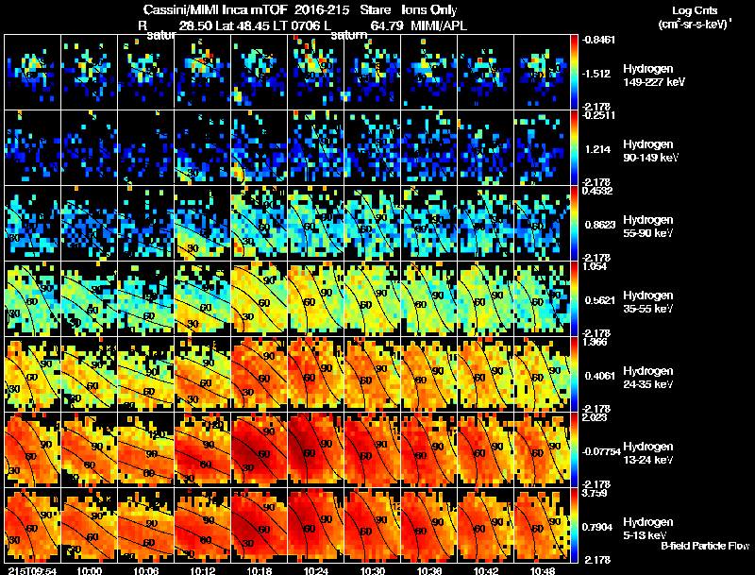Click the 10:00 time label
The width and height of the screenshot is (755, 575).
click(x=91, y=569)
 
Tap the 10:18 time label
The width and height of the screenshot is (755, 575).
click(x=260, y=569)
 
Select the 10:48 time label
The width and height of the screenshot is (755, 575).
click(x=544, y=569)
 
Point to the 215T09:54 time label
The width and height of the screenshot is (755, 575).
click(x=30, y=569)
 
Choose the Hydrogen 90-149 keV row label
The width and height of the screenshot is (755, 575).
click(x=650, y=151)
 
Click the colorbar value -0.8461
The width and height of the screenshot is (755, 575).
click(x=599, y=40)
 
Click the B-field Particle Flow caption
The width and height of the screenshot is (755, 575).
click(x=705, y=546)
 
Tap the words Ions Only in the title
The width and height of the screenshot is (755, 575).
click(x=429, y=9)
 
